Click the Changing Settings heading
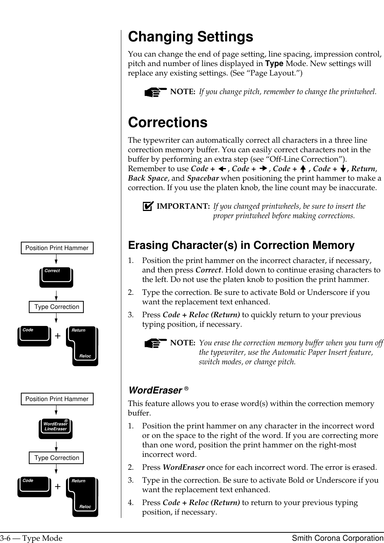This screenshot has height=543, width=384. pos(190,37)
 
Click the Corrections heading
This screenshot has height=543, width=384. pos(168,122)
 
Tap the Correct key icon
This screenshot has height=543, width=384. pos(56,278)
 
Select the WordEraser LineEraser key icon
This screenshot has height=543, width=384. pos(55,429)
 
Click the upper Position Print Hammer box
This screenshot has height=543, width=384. pos(57,248)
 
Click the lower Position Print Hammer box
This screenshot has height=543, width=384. pos(57,399)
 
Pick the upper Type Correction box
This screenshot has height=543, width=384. pos(56,307)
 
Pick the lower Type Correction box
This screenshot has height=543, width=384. pos(56,458)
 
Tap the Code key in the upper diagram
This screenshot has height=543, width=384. pos(34,336)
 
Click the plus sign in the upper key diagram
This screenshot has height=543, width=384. pos(58,336)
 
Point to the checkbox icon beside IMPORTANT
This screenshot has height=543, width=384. pos(147,206)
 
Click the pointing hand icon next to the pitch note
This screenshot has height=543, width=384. pos(155,92)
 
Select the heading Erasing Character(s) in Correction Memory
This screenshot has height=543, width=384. pos(241,246)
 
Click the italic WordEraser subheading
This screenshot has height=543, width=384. pos(155,390)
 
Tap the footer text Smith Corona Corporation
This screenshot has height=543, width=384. pos(337,538)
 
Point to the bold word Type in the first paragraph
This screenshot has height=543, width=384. pos(274,64)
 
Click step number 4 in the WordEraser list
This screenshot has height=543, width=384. pos(130,503)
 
